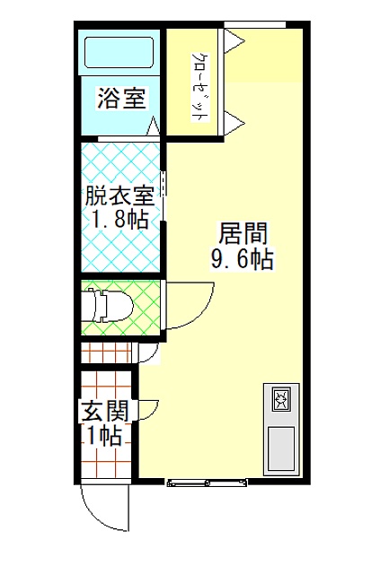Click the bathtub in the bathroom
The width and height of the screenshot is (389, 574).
point(119,52)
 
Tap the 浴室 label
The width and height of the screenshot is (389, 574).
point(121,98)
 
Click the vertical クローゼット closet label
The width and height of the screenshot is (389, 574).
point(199,87)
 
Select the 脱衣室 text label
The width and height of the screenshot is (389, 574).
point(119,196)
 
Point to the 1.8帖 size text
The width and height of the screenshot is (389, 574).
point(119,219)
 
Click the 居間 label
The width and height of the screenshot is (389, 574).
point(243,233)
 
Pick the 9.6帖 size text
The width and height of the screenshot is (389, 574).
point(242,259)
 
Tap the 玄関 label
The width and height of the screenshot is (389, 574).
point(106,411)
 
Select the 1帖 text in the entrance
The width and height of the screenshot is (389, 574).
point(104,435)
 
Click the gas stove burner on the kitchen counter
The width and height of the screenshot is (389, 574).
point(281,399)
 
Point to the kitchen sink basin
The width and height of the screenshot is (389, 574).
point(281,448)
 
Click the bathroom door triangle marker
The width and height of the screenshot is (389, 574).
point(154,126)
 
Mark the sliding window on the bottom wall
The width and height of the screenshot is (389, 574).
point(208,483)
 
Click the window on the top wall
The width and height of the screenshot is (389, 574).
point(255,24)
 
